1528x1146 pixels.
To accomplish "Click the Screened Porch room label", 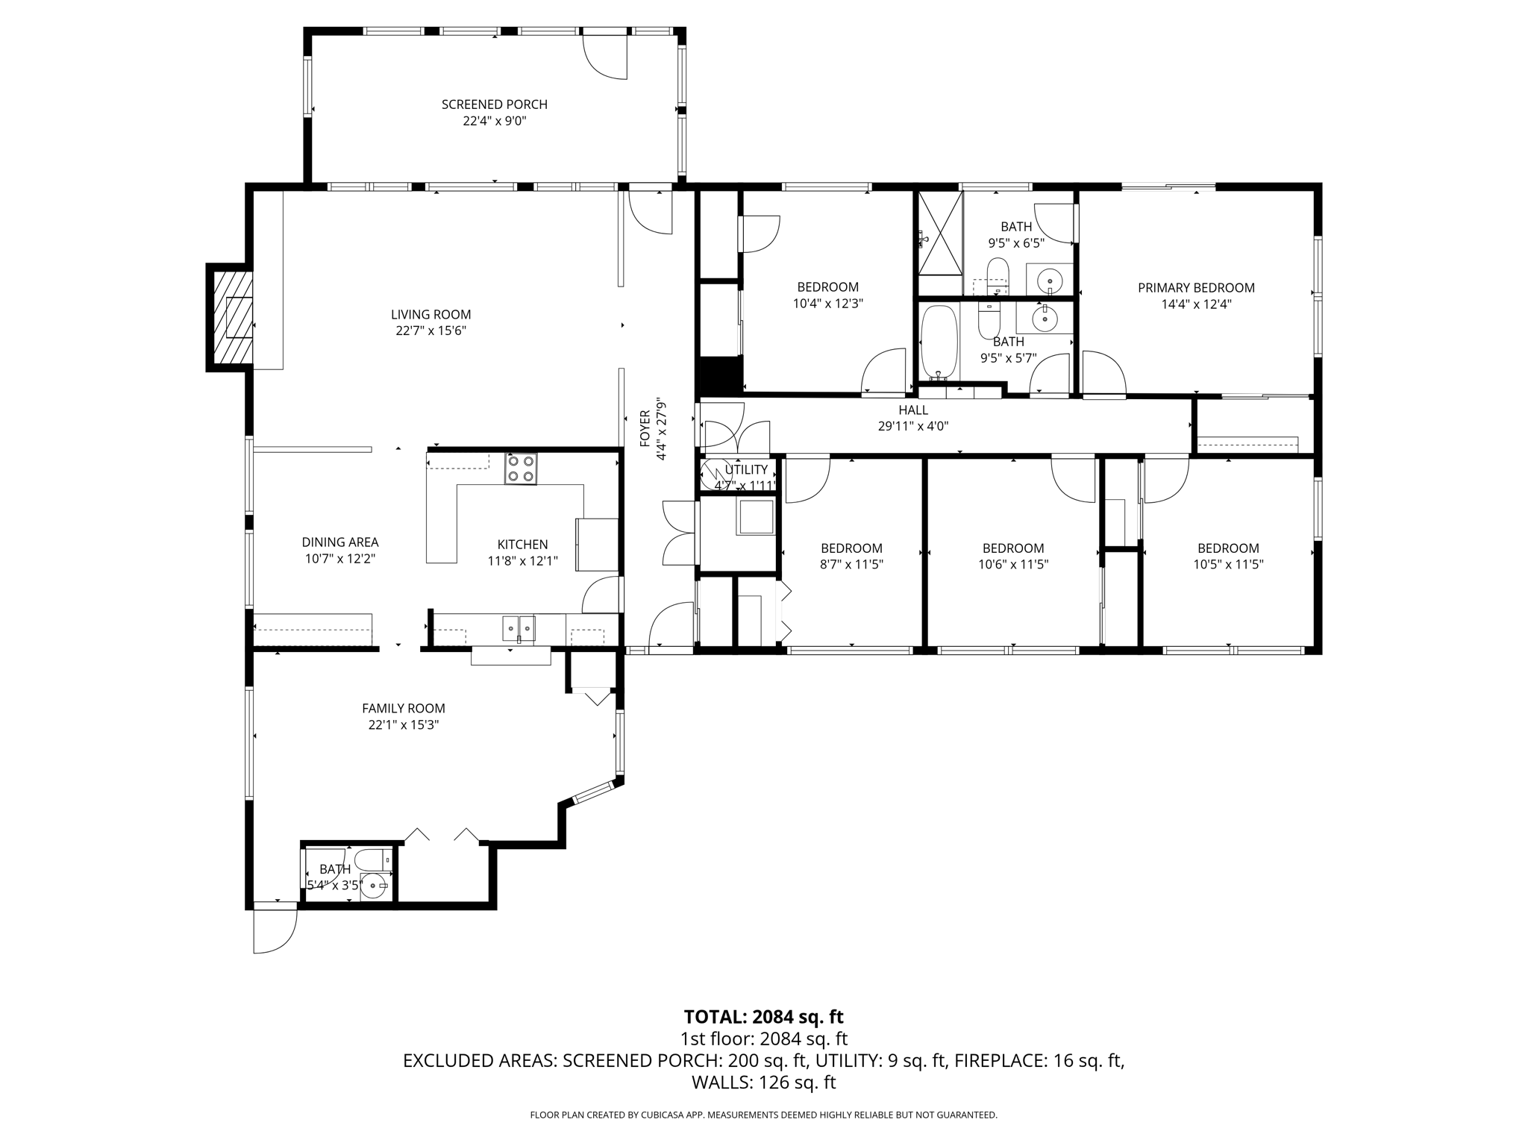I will [x=494, y=104].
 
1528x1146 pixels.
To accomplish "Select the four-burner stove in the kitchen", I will [x=521, y=469].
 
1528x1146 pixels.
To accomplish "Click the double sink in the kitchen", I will [x=519, y=628].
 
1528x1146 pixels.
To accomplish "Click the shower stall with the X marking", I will [x=940, y=233].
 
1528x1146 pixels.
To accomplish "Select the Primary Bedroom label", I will [x=1195, y=287].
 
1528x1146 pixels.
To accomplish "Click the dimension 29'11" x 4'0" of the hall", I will [x=913, y=427].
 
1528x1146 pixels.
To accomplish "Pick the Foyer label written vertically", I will [x=645, y=428].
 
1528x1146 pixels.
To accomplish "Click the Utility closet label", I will [x=745, y=469].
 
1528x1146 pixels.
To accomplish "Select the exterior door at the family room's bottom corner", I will [x=275, y=929].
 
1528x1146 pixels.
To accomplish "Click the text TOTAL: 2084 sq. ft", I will [x=763, y=1016].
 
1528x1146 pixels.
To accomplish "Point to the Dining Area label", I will [x=339, y=542].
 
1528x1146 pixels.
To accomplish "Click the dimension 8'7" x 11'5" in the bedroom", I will [x=851, y=565].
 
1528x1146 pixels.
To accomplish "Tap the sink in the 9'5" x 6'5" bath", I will [x=1049, y=281].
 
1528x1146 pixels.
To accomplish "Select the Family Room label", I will [x=403, y=708].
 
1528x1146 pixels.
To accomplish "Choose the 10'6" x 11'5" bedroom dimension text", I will [x=1012, y=565].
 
